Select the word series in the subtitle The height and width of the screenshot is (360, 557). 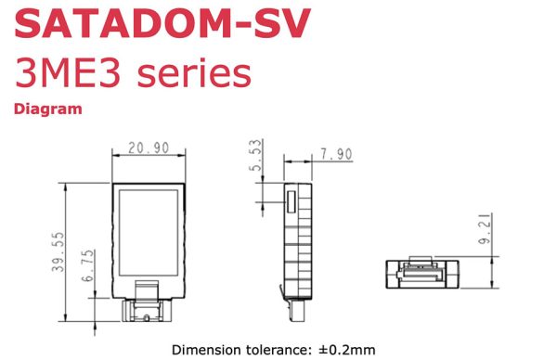tap(193, 74)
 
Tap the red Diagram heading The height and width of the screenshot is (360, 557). tap(47, 109)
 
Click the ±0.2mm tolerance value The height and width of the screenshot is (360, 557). tap(346, 350)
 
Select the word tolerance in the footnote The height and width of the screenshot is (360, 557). tap(276, 350)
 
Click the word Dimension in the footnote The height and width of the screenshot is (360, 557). tap(203, 350)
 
